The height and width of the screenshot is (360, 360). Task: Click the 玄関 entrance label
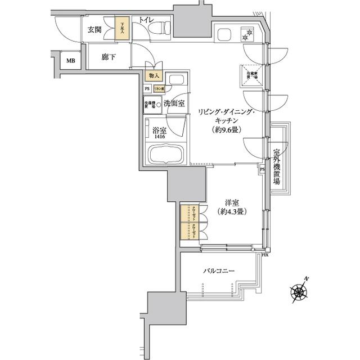click(94, 30)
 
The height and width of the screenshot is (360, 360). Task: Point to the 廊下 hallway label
click(109, 57)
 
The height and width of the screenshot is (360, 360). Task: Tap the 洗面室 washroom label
click(174, 103)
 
